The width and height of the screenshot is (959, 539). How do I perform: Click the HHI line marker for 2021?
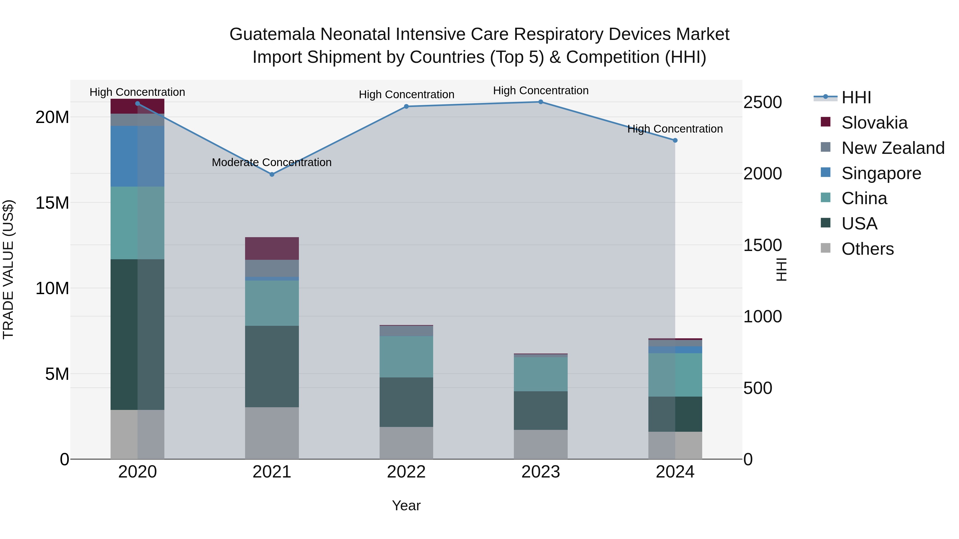(272, 174)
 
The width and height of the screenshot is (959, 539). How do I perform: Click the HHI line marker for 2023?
(541, 102)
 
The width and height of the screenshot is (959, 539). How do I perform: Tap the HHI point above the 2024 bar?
(675, 140)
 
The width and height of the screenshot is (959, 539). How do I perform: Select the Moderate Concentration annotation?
(271, 163)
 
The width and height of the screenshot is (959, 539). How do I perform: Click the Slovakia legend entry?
(874, 123)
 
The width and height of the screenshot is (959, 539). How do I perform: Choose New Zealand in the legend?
(893, 148)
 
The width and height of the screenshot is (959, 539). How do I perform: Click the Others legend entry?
(867, 249)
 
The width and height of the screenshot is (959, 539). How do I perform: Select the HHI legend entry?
(856, 97)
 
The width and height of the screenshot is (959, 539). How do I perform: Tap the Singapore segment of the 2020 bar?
(137, 156)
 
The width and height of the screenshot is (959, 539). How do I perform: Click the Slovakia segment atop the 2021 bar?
(272, 249)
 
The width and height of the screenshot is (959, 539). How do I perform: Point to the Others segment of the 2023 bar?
(541, 444)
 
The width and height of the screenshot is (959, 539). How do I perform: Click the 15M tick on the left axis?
(52, 203)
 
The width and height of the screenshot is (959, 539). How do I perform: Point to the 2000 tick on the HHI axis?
(762, 174)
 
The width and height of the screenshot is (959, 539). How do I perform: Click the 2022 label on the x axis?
(406, 472)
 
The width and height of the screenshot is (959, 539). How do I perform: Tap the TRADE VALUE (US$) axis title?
(8, 269)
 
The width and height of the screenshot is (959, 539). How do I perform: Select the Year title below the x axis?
(406, 505)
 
